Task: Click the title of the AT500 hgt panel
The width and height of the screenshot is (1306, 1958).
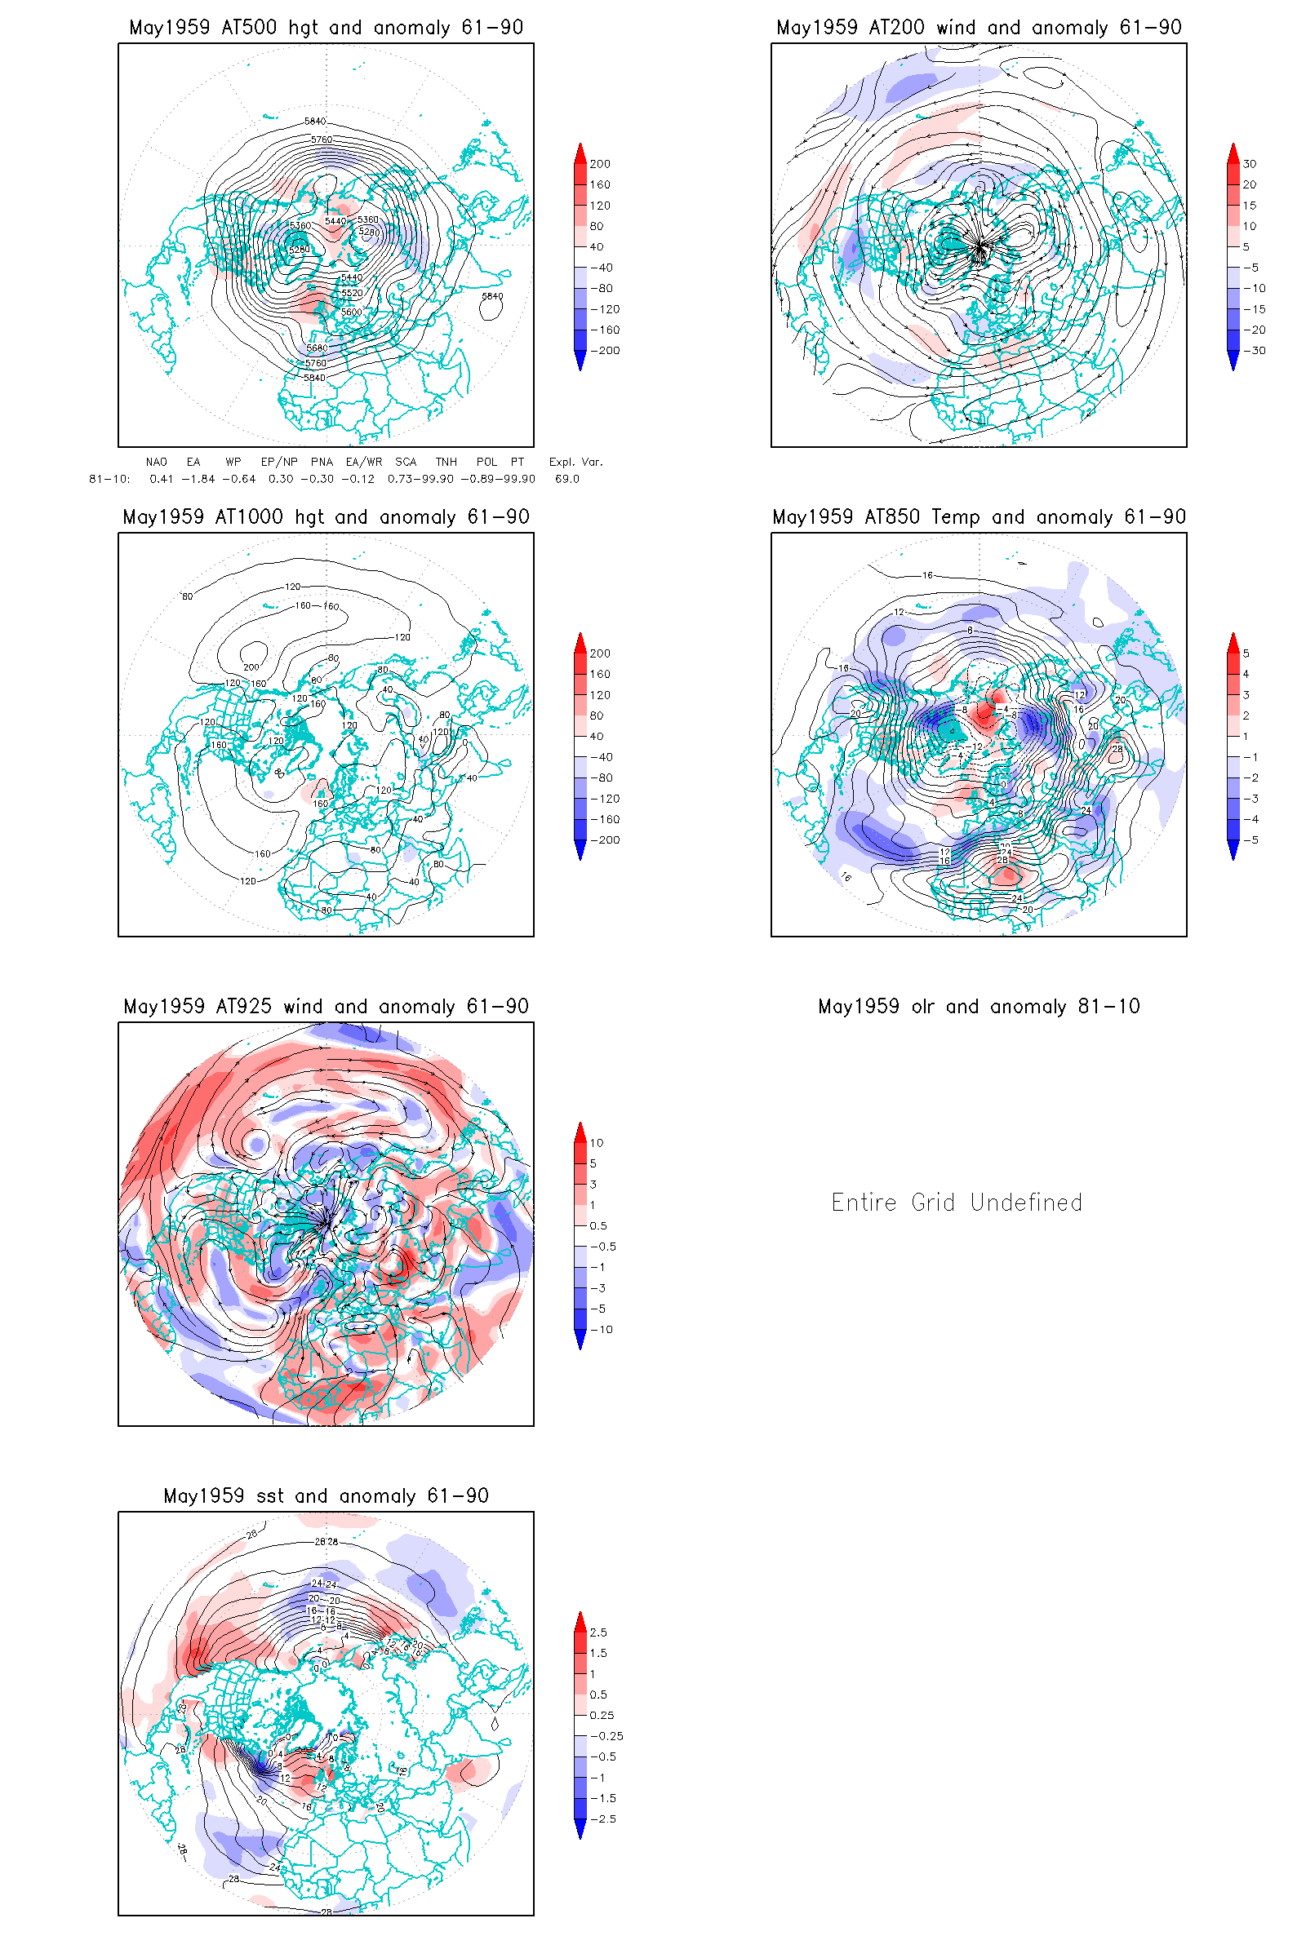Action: click(326, 28)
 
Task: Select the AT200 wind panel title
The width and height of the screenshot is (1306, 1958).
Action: click(978, 28)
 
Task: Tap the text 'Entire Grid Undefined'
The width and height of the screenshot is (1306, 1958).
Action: click(956, 1202)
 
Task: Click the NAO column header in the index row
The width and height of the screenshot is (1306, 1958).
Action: click(156, 462)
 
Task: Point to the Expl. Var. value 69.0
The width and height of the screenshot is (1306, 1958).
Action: click(566, 479)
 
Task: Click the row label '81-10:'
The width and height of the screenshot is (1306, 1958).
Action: click(109, 479)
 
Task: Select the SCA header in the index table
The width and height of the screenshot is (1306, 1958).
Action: click(406, 462)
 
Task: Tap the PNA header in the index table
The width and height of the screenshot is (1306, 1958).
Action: click(322, 462)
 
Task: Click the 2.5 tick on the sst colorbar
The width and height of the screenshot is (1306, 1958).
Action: click(598, 1632)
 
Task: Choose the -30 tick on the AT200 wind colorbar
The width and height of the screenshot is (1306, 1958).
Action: click(1254, 351)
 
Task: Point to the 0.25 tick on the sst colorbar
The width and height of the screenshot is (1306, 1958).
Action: click(602, 1715)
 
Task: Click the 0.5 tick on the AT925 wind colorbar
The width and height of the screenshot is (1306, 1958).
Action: click(598, 1225)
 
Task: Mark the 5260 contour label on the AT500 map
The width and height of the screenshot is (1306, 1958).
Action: click(298, 250)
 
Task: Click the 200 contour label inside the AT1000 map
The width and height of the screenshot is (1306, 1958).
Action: click(251, 667)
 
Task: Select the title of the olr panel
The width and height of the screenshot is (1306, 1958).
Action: click(978, 1007)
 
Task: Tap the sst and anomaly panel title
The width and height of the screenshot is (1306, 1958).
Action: click(326, 1496)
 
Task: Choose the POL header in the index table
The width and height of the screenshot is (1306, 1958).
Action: click(486, 462)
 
